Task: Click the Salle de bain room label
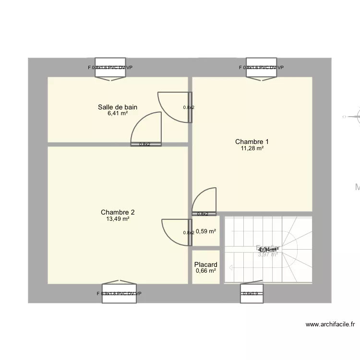(x=118, y=107)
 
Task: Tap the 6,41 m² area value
(x=118, y=114)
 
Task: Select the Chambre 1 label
(x=252, y=142)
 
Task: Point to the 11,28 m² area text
(x=252, y=148)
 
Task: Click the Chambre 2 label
(x=118, y=212)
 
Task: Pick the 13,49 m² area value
(x=118, y=219)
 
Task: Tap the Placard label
(x=206, y=264)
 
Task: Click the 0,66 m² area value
(x=206, y=271)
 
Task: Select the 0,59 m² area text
(x=206, y=231)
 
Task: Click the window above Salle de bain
(x=110, y=68)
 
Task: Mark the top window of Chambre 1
(x=261, y=68)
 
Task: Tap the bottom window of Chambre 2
(x=119, y=293)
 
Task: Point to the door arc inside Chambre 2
(x=174, y=230)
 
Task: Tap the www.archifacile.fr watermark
(x=330, y=324)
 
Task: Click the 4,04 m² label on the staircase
(x=268, y=250)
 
